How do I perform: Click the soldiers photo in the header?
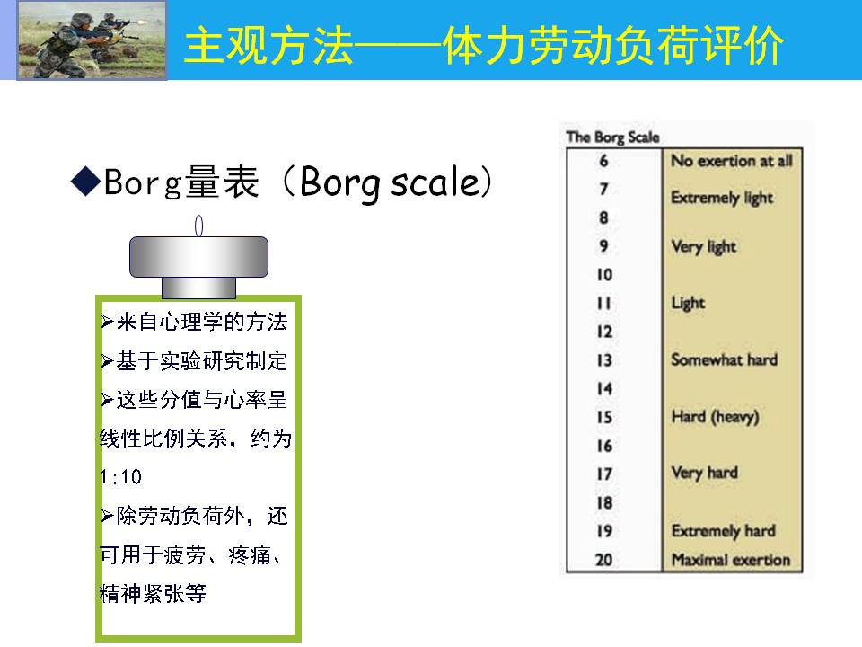coord(92,40)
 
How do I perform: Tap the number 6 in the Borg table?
coord(603,161)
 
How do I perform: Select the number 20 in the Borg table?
coord(603,560)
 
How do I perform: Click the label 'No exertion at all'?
coord(732,161)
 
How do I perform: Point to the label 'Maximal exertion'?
coord(731,560)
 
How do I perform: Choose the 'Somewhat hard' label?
coord(724,359)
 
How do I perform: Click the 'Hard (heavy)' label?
coord(716,417)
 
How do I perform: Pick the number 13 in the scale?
coord(604,359)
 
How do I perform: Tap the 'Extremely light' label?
coord(722,198)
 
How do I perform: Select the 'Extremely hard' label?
coord(724,531)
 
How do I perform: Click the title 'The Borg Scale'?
coord(613,137)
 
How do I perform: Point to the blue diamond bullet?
coord(86,181)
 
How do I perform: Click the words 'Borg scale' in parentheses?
coord(390,182)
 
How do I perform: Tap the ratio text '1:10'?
coord(121,476)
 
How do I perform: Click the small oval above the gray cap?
coord(199,226)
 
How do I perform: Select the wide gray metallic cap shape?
coord(198,257)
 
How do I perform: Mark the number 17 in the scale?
coord(604,474)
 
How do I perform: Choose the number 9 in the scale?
coord(603,246)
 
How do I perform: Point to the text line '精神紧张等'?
coord(153,594)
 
